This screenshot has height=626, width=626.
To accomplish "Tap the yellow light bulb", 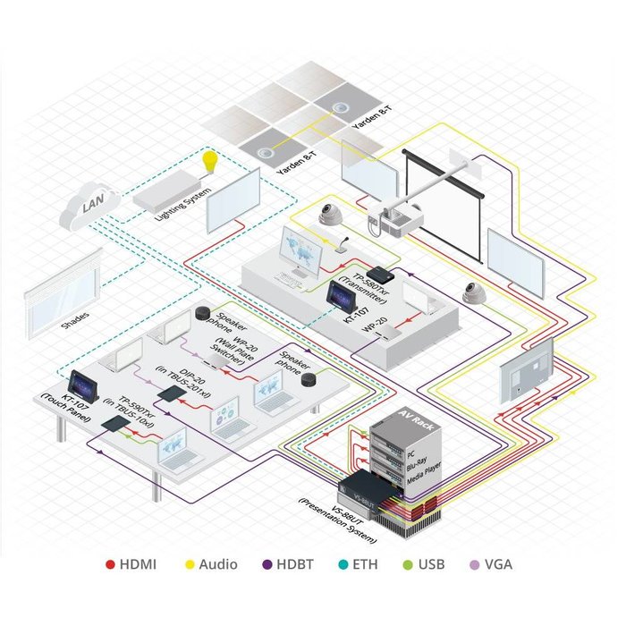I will point(210,163).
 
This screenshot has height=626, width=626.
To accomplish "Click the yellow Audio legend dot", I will point(190,564).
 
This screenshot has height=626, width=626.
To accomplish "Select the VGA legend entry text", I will point(498,564).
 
